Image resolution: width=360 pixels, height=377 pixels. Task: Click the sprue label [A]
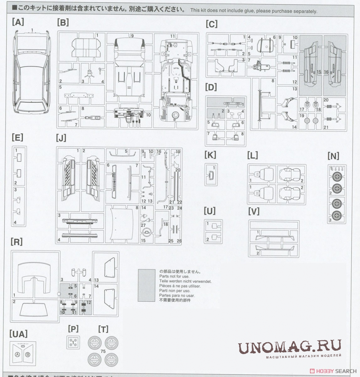(x=18, y=22)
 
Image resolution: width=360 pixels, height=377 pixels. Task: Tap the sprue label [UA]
(x=18, y=334)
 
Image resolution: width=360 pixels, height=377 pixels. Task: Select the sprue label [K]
(x=210, y=155)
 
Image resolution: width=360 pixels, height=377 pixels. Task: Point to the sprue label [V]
(x=254, y=211)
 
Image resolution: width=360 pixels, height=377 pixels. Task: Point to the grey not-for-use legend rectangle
(x=146, y=285)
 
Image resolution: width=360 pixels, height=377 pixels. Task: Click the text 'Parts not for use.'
(x=174, y=276)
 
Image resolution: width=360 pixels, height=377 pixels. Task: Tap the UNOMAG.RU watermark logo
(x=289, y=349)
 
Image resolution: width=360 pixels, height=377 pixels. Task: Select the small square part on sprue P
(x=73, y=343)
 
